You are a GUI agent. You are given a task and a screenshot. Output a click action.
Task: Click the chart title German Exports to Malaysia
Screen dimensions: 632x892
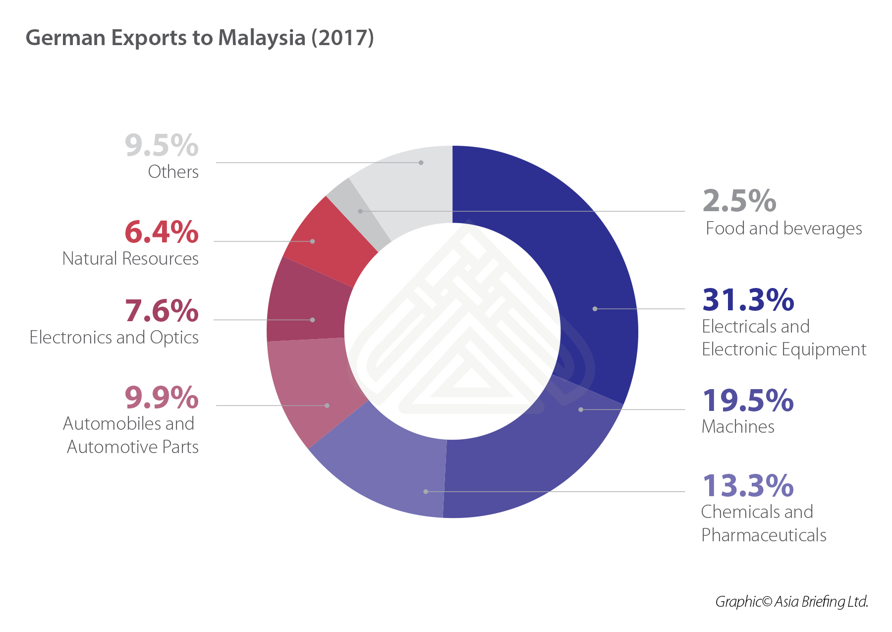click(x=200, y=38)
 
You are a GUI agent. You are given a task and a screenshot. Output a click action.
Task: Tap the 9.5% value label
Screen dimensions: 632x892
click(x=162, y=146)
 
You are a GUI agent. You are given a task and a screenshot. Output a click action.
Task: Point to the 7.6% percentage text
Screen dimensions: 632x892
click(x=162, y=311)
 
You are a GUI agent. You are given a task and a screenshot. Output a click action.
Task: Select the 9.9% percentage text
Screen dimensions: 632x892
click(x=162, y=398)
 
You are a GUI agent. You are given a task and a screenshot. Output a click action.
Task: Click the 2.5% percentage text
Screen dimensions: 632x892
click(x=739, y=201)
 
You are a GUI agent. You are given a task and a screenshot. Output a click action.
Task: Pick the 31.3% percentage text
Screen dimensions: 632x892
click(x=748, y=300)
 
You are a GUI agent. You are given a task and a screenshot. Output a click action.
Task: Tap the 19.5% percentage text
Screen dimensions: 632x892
click(x=748, y=401)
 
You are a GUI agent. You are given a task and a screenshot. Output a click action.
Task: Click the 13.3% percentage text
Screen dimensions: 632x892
click(x=748, y=486)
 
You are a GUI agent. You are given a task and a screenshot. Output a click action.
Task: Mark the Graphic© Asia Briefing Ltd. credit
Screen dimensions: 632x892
click(x=791, y=602)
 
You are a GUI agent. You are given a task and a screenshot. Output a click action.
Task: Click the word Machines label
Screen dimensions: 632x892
click(x=738, y=427)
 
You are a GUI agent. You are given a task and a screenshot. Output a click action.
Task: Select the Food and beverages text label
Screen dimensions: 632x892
click(x=783, y=229)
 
